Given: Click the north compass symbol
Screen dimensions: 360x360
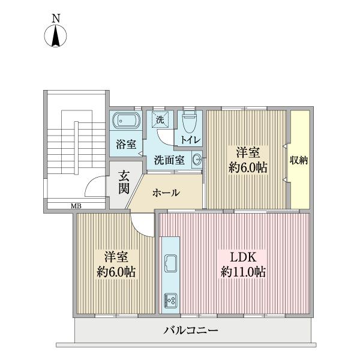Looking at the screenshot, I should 55,38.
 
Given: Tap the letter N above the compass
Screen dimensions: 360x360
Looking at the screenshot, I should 55,19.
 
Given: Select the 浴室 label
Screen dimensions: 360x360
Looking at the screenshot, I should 126,144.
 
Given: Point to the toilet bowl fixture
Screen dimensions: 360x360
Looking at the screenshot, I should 189,121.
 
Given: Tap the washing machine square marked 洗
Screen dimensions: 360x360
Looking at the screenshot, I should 160,120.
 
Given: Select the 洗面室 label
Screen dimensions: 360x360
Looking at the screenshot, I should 169,160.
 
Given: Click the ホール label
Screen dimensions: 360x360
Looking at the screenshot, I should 166,193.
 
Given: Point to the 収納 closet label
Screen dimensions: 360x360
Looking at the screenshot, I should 299,160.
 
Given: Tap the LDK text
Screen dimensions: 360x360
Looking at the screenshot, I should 242,254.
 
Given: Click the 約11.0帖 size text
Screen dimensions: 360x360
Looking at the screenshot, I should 242,272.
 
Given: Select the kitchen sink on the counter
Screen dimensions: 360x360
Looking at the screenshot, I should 170,264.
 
